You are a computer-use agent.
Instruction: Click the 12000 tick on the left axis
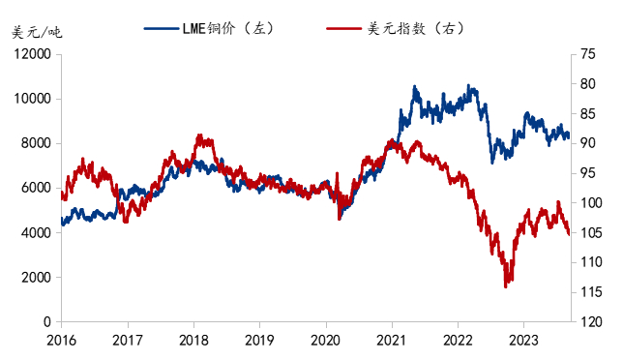[32, 54]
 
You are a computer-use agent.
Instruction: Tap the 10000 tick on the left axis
[32, 99]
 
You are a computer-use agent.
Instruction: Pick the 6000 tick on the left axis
[35, 188]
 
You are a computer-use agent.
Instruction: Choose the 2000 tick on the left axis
[35, 277]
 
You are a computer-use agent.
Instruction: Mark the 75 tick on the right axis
[587, 54]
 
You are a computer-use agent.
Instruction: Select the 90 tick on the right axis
[587, 143]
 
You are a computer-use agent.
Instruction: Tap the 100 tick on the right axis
[590, 203]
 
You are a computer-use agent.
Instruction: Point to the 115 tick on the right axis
[590, 292]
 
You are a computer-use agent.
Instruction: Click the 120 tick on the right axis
[590, 321]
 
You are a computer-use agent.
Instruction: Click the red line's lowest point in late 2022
[505, 286]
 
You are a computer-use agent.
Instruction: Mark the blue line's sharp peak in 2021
[415, 87]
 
